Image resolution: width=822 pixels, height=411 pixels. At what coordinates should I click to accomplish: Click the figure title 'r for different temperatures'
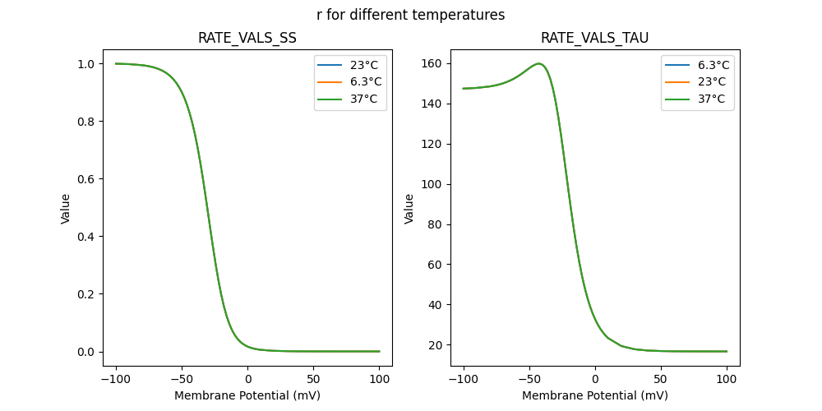[x=410, y=15]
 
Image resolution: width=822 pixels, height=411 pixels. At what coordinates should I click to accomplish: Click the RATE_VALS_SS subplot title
[x=247, y=38]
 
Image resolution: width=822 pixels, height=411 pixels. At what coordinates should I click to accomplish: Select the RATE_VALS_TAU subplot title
[x=595, y=38]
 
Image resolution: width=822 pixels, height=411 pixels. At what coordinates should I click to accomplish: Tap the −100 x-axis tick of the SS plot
[x=116, y=380]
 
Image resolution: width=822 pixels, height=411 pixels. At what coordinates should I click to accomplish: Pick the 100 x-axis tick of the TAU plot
[x=727, y=380]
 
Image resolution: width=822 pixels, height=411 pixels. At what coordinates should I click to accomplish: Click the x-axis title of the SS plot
[x=247, y=395]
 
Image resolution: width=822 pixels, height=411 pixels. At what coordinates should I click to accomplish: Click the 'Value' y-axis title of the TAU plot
[x=409, y=209]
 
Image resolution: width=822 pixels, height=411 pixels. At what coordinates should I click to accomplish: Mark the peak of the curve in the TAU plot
[x=539, y=63]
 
